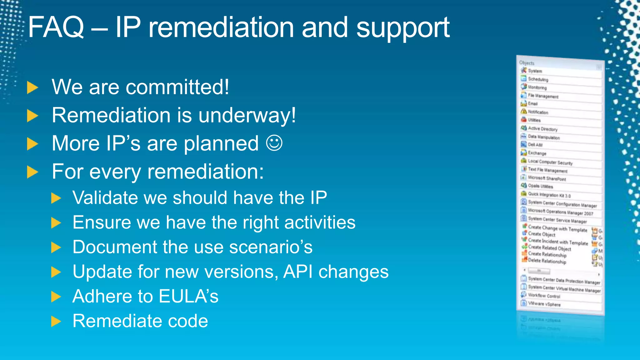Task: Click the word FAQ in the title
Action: pyautogui.click(x=56, y=27)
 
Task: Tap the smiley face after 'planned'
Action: pyautogui.click(x=274, y=143)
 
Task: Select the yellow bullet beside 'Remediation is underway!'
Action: pyautogui.click(x=32, y=116)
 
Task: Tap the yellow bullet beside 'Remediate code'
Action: pyautogui.click(x=56, y=321)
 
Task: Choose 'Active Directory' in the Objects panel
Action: pyautogui.click(x=542, y=129)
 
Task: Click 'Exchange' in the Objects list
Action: pyautogui.click(x=537, y=153)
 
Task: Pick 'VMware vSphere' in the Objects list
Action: pyautogui.click(x=544, y=304)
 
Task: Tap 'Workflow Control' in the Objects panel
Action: pyautogui.click(x=544, y=296)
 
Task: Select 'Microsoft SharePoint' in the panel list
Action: pyautogui.click(x=547, y=178)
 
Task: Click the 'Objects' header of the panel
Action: pyautogui.click(x=527, y=63)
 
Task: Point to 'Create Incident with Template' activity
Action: pyautogui.click(x=558, y=242)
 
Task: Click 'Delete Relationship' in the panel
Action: pyautogui.click(x=547, y=261)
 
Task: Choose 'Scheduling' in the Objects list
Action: pyautogui.click(x=538, y=79)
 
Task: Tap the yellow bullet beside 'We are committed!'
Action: pyautogui.click(x=32, y=87)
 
